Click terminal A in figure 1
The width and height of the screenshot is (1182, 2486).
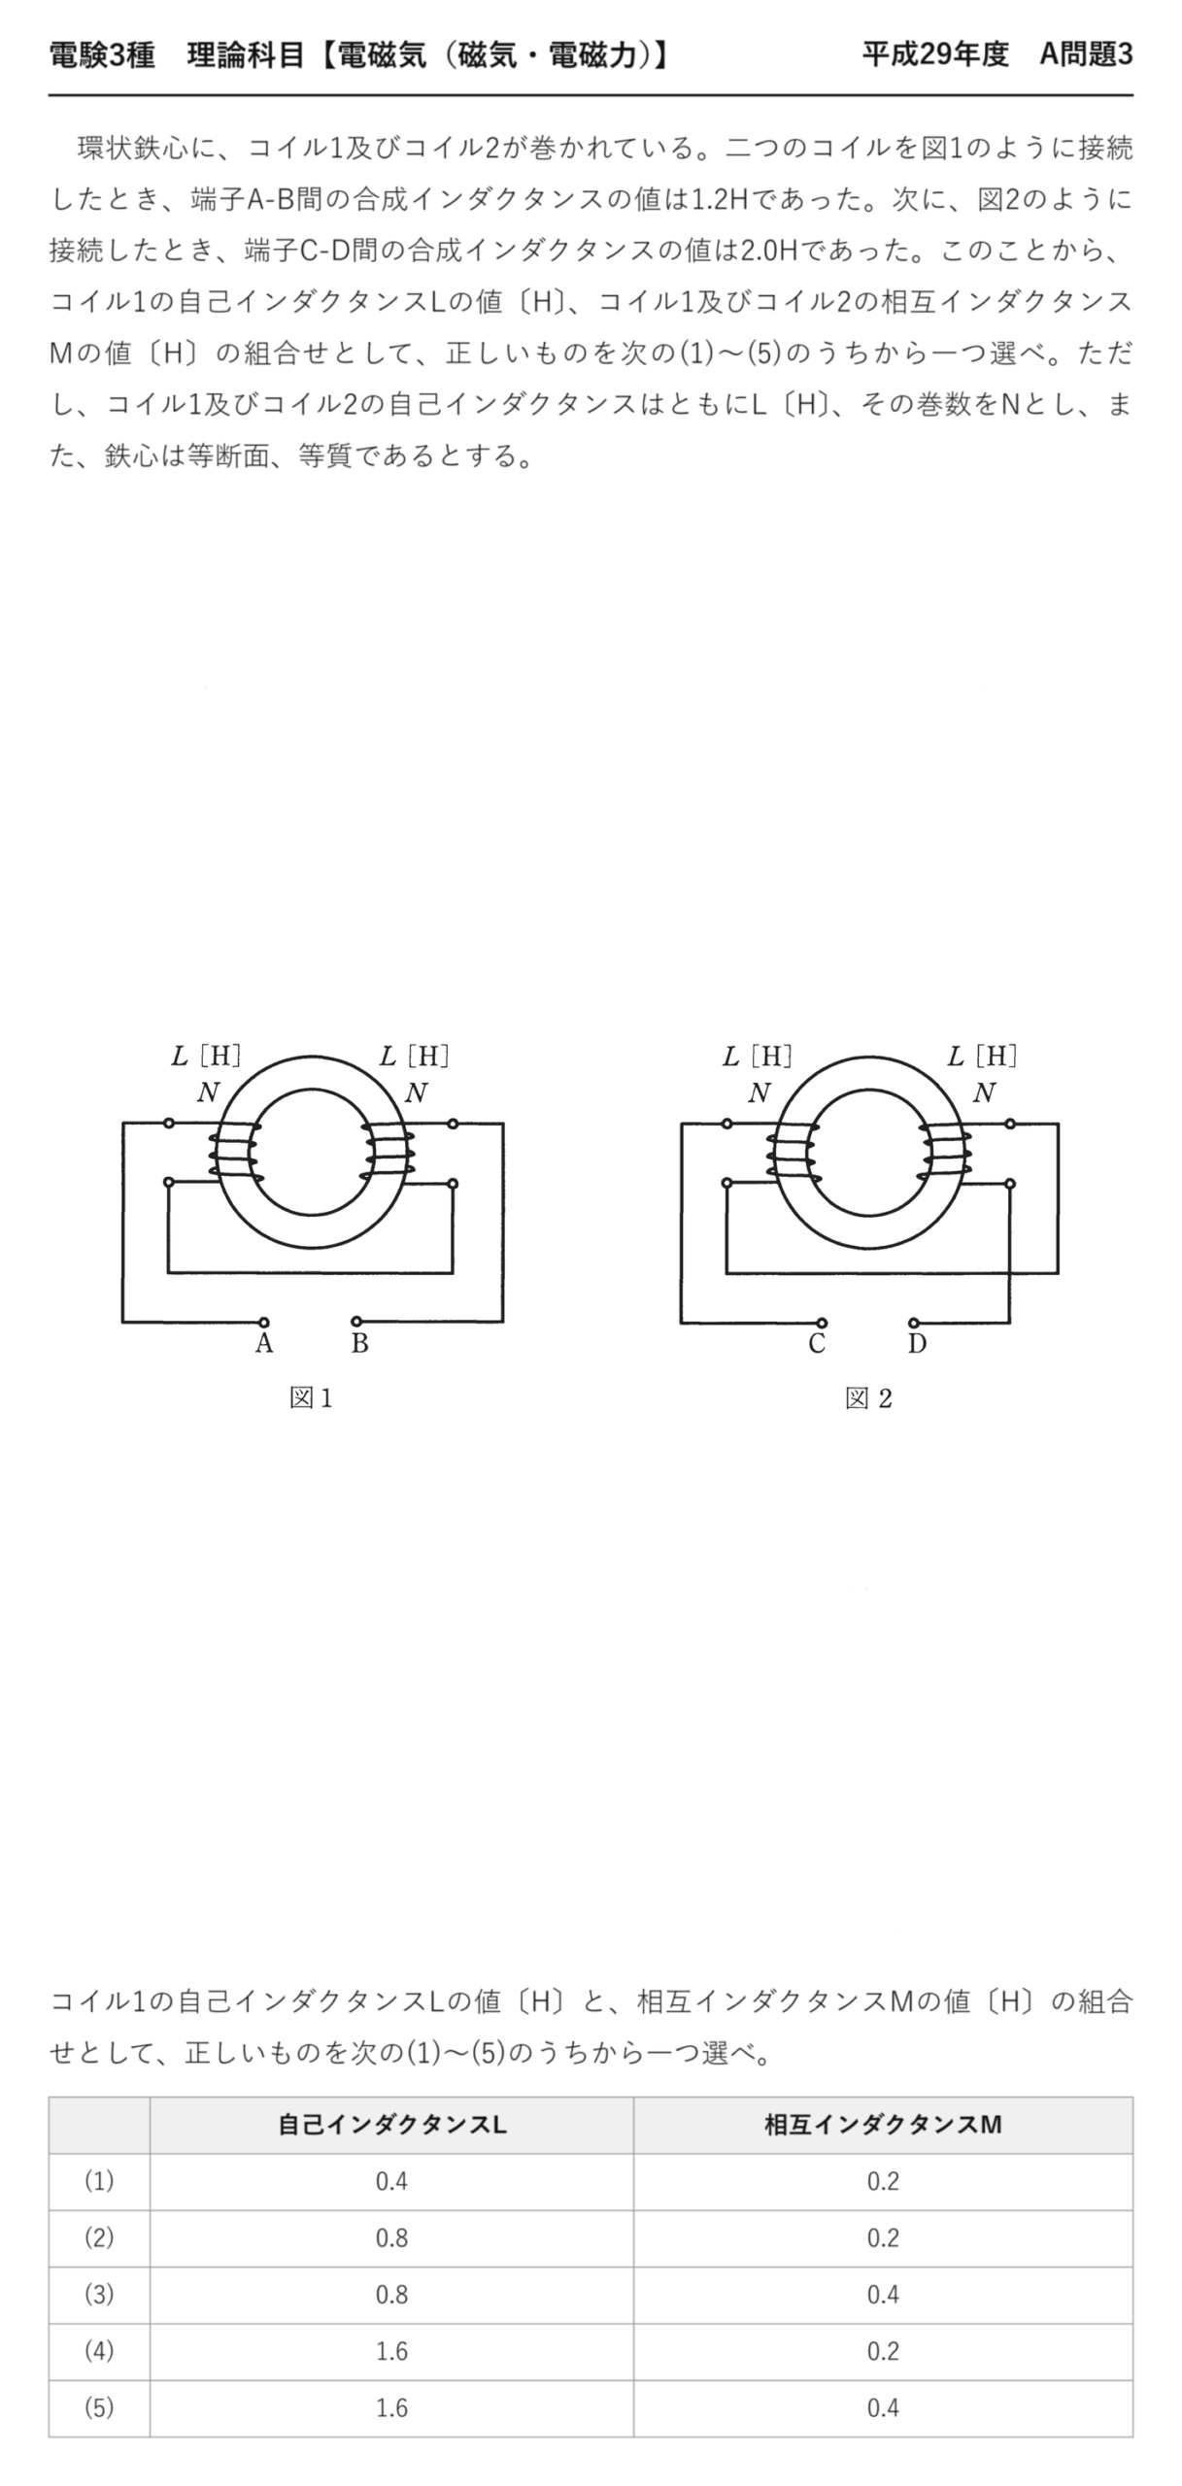(x=263, y=1322)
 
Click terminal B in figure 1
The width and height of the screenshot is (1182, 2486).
(x=356, y=1322)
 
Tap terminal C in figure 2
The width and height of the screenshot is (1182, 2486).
(x=822, y=1323)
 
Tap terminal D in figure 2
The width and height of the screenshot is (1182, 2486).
(x=914, y=1323)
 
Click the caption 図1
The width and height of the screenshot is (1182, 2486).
(x=311, y=1398)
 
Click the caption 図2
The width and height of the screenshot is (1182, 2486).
(x=868, y=1398)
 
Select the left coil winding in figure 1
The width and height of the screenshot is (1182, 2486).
(x=236, y=1153)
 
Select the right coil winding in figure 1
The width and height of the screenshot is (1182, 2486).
(x=388, y=1153)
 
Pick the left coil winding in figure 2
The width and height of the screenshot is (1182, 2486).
(x=794, y=1153)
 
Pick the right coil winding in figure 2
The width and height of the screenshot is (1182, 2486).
(x=945, y=1153)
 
